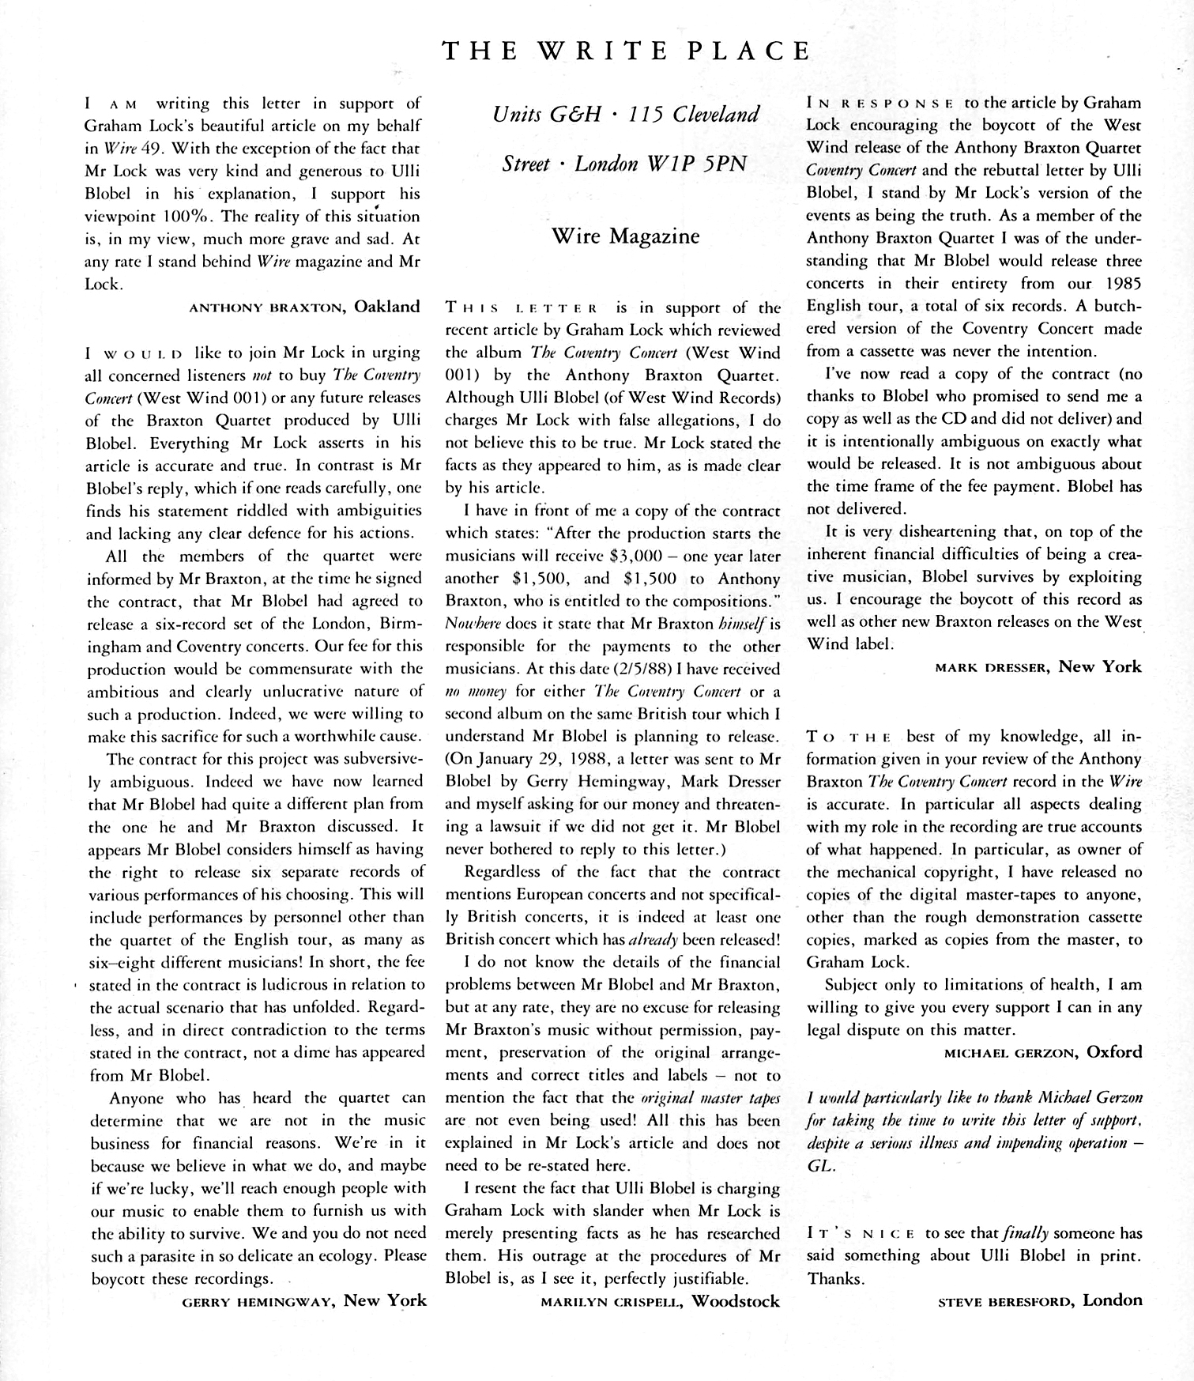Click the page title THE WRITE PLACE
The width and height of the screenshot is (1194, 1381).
click(627, 51)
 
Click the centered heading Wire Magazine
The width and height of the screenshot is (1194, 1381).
click(625, 236)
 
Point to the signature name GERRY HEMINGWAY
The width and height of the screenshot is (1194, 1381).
click(258, 1301)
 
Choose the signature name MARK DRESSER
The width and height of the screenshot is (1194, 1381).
click(992, 667)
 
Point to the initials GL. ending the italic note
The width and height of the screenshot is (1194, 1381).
click(820, 1166)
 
